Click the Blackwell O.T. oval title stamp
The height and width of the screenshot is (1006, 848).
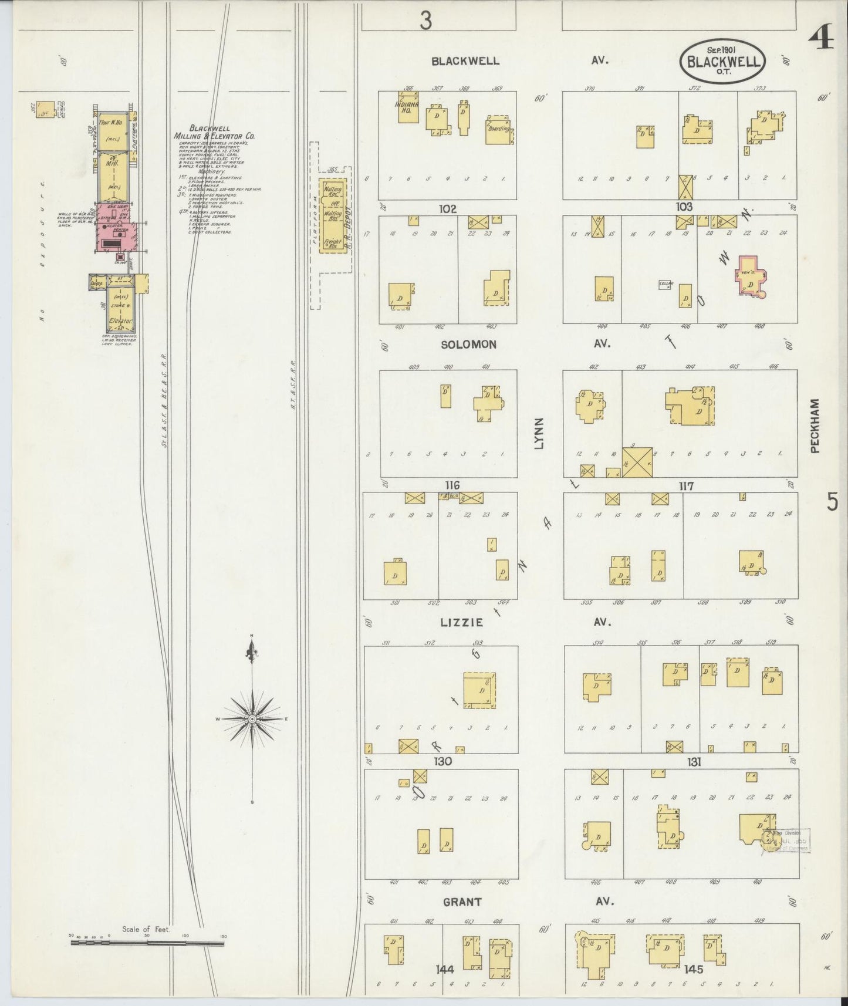(723, 60)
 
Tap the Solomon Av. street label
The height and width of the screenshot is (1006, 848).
(468, 345)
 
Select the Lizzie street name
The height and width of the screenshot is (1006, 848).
(463, 622)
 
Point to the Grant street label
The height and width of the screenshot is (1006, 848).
(462, 902)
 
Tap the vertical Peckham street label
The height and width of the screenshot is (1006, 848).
(815, 426)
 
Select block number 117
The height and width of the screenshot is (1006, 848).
(685, 486)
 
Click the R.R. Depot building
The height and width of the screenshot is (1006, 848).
(333, 216)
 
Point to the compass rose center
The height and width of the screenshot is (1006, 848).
(252, 719)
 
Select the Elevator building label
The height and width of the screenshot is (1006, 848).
(120, 320)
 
